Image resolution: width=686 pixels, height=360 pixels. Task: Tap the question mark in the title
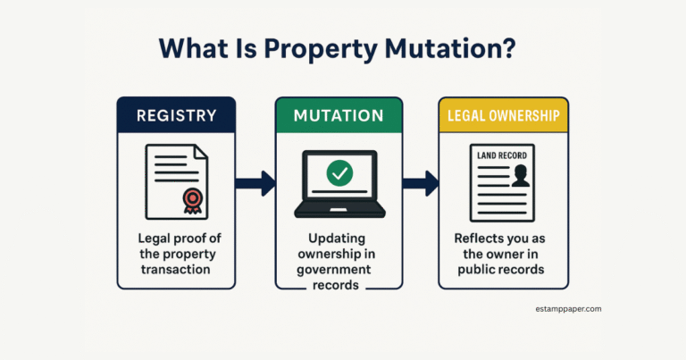coord(510,47)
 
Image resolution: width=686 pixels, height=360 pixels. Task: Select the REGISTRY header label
coord(176,115)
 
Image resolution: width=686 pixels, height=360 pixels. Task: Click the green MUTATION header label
coord(339,115)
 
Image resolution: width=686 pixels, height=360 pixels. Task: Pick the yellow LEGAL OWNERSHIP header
coord(504,115)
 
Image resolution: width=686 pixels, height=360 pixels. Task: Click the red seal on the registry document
coord(193,201)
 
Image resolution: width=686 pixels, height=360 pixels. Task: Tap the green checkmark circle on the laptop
coord(339,173)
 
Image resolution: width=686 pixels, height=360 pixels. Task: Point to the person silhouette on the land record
coord(521,175)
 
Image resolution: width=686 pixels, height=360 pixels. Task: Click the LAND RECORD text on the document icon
coord(502,155)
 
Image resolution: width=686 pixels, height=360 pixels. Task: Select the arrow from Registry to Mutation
coord(255,183)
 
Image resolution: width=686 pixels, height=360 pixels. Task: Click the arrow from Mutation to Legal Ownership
coord(421,183)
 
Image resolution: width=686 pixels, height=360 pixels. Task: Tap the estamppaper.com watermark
coord(568,309)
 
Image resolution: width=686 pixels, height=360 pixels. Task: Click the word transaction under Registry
coord(175,270)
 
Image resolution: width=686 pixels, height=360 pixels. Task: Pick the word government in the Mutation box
coord(334,270)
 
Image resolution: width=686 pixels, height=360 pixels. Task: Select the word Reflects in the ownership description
coord(475,239)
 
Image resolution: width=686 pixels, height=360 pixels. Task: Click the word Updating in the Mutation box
coord(337,239)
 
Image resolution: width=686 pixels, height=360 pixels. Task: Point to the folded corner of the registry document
coord(201,152)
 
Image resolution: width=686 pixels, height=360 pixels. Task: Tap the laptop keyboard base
coord(339,212)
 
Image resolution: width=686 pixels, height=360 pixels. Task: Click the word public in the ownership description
coord(474,270)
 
